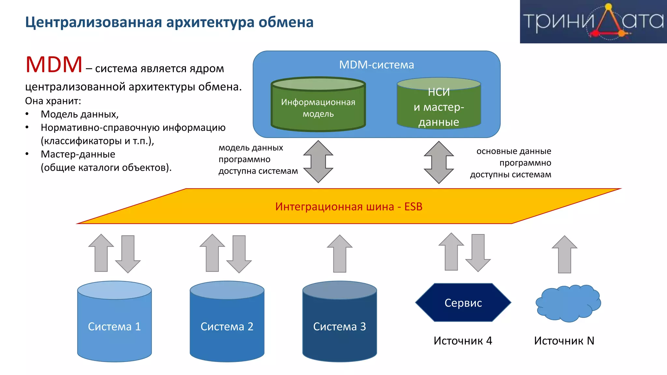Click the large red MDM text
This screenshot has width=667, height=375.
tap(54, 64)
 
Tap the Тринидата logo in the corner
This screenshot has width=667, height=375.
tap(593, 21)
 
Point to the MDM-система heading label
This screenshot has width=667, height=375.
tap(376, 65)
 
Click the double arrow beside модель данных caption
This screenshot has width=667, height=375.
tap(318, 161)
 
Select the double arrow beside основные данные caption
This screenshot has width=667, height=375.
tap(439, 162)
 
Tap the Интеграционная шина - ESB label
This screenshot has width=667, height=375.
tap(348, 207)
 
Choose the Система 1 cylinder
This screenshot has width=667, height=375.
tap(114, 322)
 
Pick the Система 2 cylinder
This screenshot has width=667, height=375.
tap(227, 322)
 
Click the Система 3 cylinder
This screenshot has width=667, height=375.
tap(339, 322)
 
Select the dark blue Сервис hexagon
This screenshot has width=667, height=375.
tap(463, 303)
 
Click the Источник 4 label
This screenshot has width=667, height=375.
tap(463, 341)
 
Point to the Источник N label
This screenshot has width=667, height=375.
tap(564, 341)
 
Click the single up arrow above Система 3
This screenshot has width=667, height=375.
tap(340, 254)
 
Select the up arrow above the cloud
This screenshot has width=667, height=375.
tap(564, 255)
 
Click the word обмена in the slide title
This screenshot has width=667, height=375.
tap(286, 22)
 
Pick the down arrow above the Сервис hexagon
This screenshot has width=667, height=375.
tap(478, 253)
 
